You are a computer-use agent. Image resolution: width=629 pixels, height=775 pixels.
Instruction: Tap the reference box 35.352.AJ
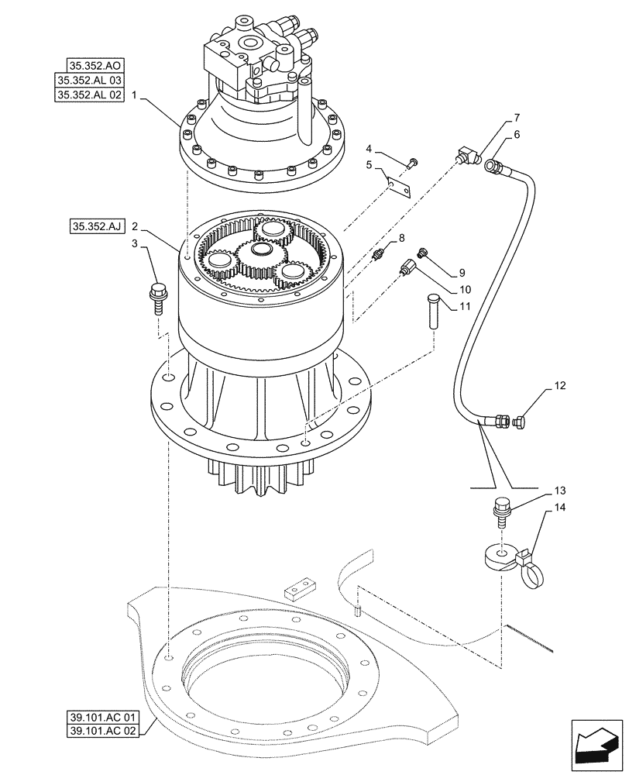tap(95, 227)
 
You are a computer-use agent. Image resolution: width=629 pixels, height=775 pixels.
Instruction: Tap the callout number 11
tap(464, 307)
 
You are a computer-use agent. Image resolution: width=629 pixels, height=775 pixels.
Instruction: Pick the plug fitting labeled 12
tap(520, 422)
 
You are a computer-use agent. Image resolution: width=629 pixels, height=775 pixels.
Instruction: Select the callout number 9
tap(460, 273)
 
